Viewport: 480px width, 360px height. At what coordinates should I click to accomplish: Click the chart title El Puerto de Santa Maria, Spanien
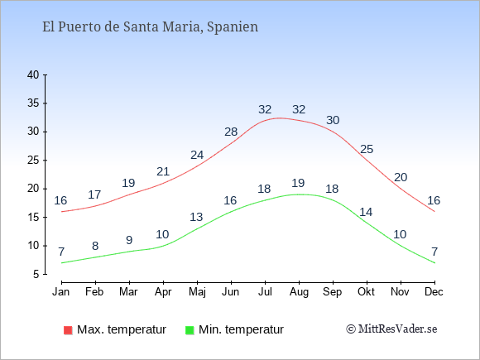150,27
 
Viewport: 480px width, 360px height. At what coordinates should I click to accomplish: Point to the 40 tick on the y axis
45,75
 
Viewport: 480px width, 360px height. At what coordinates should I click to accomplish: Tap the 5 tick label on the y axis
36,274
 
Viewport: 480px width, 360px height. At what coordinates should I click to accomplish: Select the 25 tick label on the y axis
33,161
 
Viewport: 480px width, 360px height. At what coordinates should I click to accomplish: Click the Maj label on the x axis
197,292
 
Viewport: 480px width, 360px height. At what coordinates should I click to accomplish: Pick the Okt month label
366,292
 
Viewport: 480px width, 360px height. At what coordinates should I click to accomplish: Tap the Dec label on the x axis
434,292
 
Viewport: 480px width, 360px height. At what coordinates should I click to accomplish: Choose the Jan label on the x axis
61,292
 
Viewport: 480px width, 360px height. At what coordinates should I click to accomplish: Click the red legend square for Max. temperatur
68,330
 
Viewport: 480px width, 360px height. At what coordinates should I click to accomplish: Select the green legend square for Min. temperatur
190,330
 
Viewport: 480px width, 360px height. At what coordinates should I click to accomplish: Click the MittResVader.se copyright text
391,329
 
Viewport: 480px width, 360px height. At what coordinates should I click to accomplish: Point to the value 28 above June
231,132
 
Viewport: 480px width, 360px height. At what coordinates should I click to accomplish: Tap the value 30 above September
333,120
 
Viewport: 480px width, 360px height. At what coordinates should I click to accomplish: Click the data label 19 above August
298,184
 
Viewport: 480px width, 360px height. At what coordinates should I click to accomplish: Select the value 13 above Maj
196,217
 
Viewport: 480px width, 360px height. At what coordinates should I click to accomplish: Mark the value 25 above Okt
367,150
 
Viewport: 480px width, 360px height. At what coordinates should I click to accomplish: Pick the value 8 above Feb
95,246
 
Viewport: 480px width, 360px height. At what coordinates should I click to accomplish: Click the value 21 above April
163,172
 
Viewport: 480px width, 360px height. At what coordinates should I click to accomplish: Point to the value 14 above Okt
366,212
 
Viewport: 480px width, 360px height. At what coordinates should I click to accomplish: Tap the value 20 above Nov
401,178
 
